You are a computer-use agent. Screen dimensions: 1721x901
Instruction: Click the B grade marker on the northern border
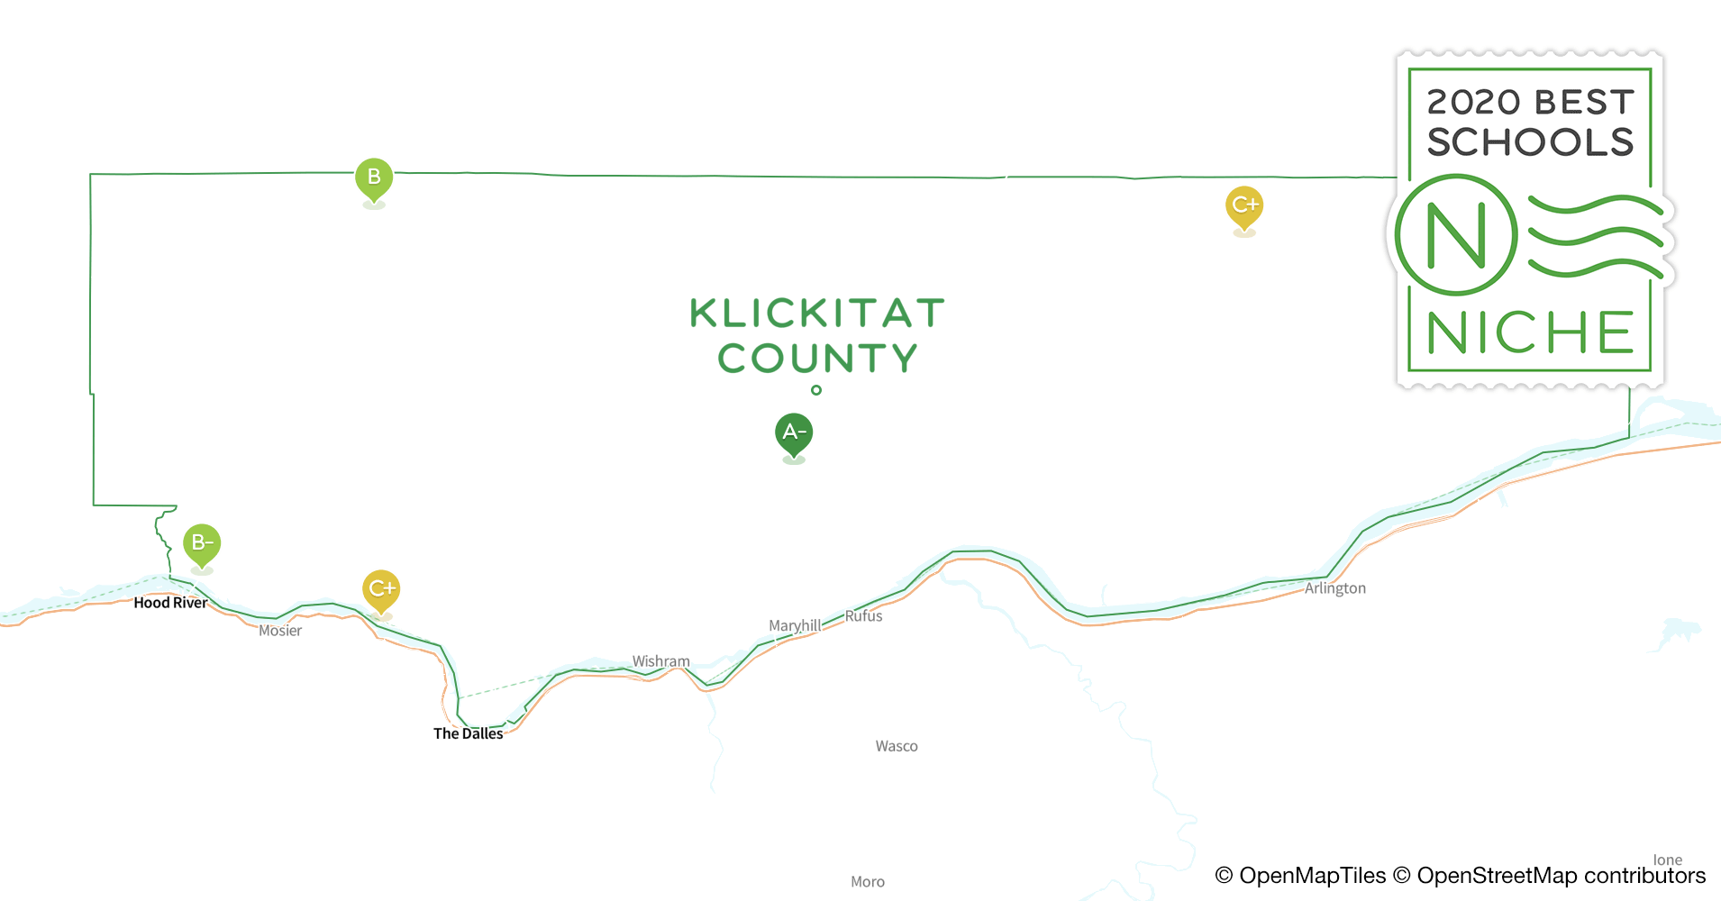point(374,177)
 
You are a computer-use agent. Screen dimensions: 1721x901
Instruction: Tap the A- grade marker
point(794,432)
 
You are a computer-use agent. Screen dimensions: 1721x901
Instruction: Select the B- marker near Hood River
point(202,543)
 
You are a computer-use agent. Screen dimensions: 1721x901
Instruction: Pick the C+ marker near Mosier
point(381,589)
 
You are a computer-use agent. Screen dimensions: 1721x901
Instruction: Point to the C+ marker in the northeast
point(1244,205)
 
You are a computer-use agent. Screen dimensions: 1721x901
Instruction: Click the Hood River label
point(170,603)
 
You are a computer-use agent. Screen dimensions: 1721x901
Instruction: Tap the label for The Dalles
point(469,733)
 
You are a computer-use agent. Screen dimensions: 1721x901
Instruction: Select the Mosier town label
point(280,631)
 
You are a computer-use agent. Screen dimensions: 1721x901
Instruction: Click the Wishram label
point(660,661)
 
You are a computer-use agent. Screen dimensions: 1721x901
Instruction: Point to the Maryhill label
point(794,625)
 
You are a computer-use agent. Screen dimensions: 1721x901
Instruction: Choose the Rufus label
point(863,616)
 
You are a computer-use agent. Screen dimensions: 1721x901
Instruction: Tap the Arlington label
point(1335,588)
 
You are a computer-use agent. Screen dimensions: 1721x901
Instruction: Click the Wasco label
point(897,746)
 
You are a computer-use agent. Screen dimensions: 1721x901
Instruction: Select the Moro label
point(868,882)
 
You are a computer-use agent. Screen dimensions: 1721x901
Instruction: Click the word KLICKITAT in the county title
point(817,314)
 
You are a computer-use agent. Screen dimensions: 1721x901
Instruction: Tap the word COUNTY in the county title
point(817,359)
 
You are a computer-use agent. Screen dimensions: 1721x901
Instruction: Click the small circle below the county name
point(816,390)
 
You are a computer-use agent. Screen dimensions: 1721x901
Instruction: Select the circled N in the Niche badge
point(1455,235)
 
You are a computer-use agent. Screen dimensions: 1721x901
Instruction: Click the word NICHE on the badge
point(1530,332)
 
